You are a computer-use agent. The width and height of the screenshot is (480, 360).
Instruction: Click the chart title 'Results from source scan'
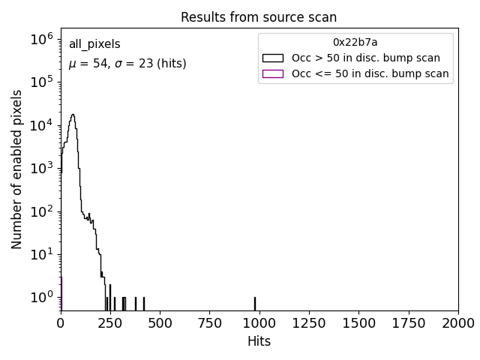point(259,18)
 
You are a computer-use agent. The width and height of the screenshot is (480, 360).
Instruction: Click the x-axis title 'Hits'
point(259,341)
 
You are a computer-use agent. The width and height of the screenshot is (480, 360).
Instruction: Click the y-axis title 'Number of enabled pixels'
point(17,169)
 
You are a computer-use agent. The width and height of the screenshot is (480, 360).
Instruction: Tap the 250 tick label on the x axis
point(110,323)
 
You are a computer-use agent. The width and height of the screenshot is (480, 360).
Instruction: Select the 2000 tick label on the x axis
point(457,323)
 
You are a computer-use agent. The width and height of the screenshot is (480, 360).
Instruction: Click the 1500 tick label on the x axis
point(358,323)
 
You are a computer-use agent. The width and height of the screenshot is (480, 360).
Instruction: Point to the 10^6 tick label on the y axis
point(41,38)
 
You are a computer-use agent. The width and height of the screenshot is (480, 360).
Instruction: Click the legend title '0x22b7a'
point(355,43)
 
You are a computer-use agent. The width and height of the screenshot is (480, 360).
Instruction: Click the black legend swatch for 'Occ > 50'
point(273,58)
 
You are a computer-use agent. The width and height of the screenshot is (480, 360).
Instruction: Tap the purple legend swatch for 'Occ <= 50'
point(273,73)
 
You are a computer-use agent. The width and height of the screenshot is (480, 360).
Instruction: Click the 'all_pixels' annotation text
point(94,45)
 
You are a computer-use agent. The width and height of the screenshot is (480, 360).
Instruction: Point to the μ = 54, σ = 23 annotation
point(127,64)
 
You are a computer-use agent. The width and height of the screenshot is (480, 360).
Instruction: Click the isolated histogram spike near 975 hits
point(255,303)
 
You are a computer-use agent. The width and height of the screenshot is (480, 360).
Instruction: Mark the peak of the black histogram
point(73,115)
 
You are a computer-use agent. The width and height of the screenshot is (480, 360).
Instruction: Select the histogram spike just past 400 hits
point(144,303)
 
